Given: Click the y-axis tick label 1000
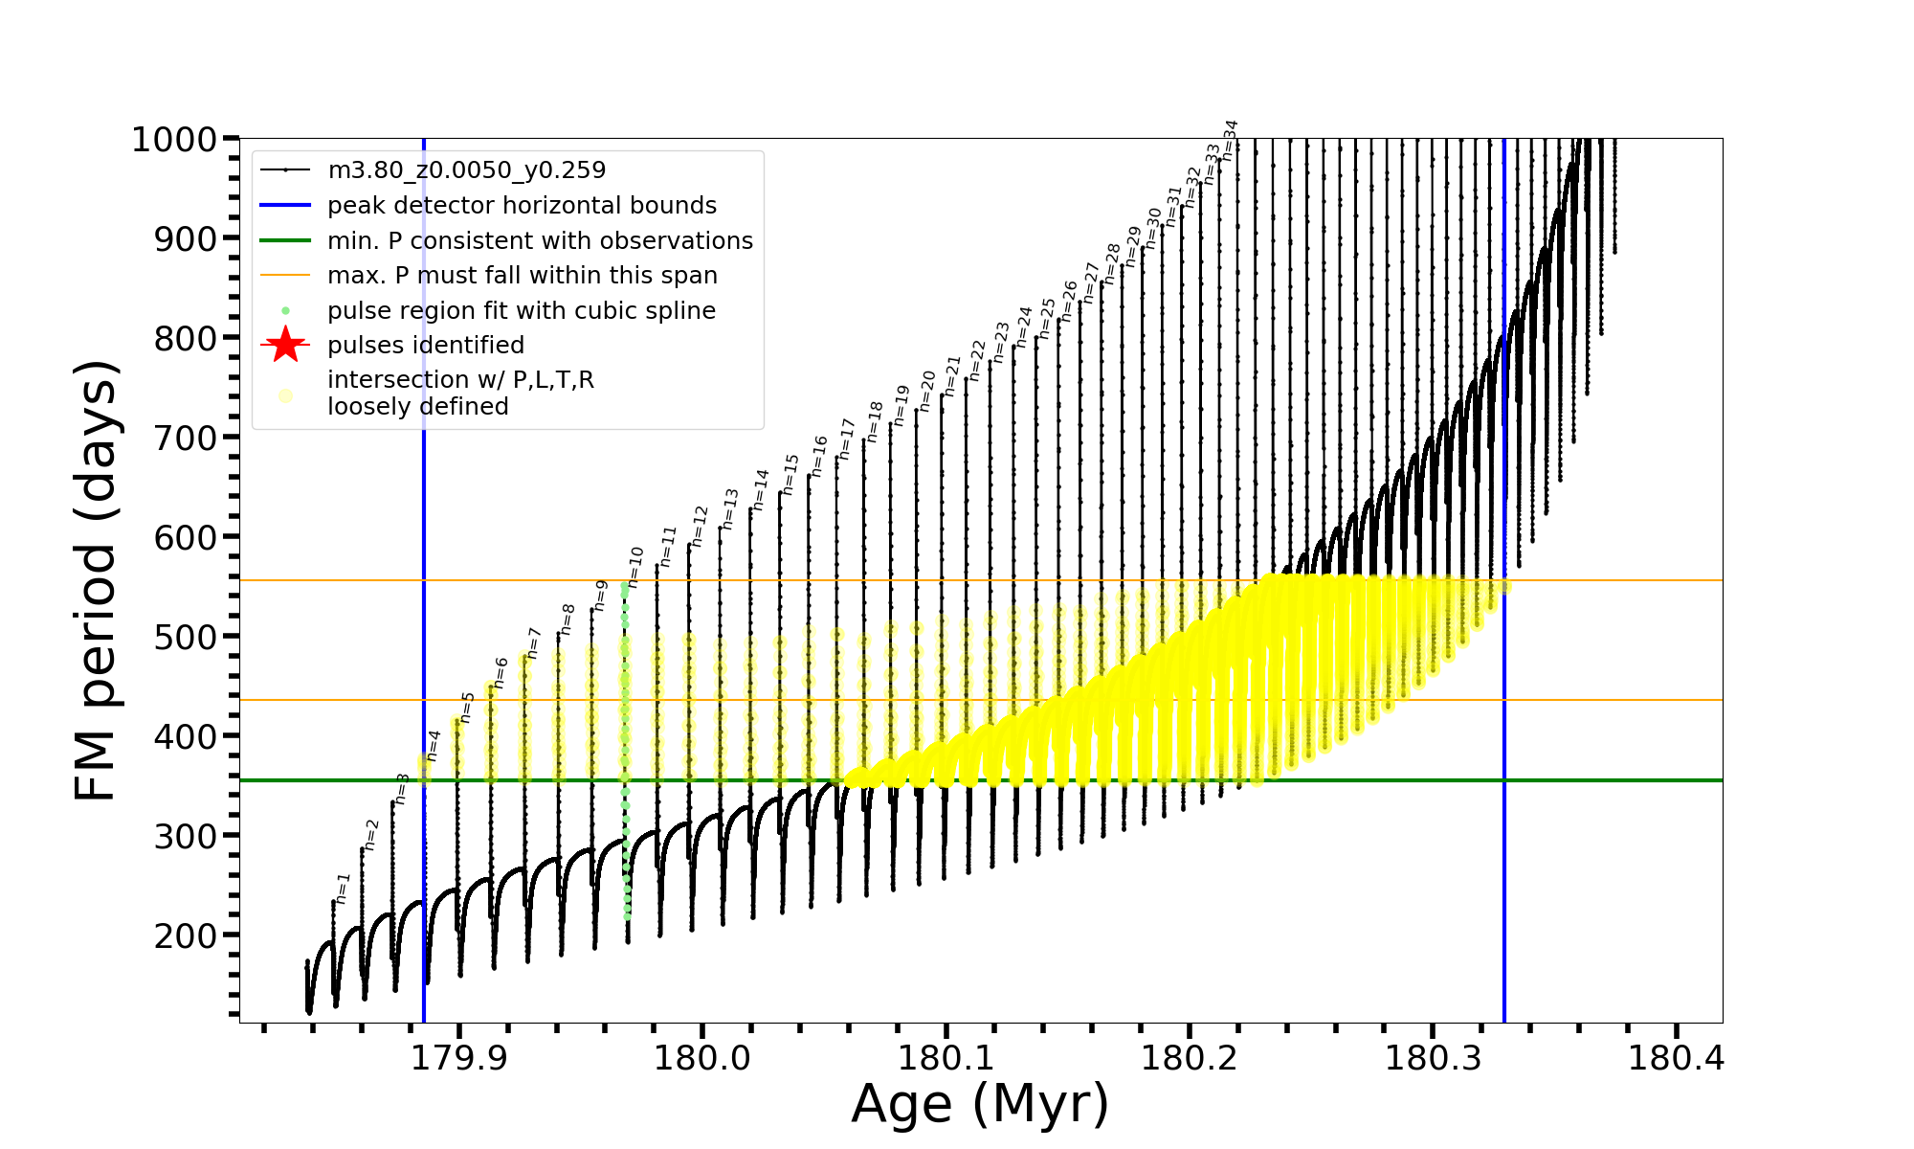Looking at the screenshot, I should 174,140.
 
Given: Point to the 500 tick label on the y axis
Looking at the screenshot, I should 186,637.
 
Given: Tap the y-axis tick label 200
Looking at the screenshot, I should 186,935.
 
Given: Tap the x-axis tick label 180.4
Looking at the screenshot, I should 1675,1058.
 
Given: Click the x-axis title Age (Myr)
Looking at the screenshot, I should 980,1104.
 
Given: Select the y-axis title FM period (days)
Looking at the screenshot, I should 97,580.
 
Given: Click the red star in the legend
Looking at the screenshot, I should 285,346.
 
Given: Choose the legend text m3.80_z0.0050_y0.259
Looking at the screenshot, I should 466,170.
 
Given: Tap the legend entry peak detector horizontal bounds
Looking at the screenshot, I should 522,206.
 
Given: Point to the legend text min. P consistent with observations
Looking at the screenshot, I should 540,240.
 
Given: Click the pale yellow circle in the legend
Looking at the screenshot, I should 285,394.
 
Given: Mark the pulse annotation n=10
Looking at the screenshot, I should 636,567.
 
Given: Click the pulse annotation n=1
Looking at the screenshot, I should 344,888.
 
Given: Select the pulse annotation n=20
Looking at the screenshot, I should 927,391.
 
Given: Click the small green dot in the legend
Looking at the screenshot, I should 285,311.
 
